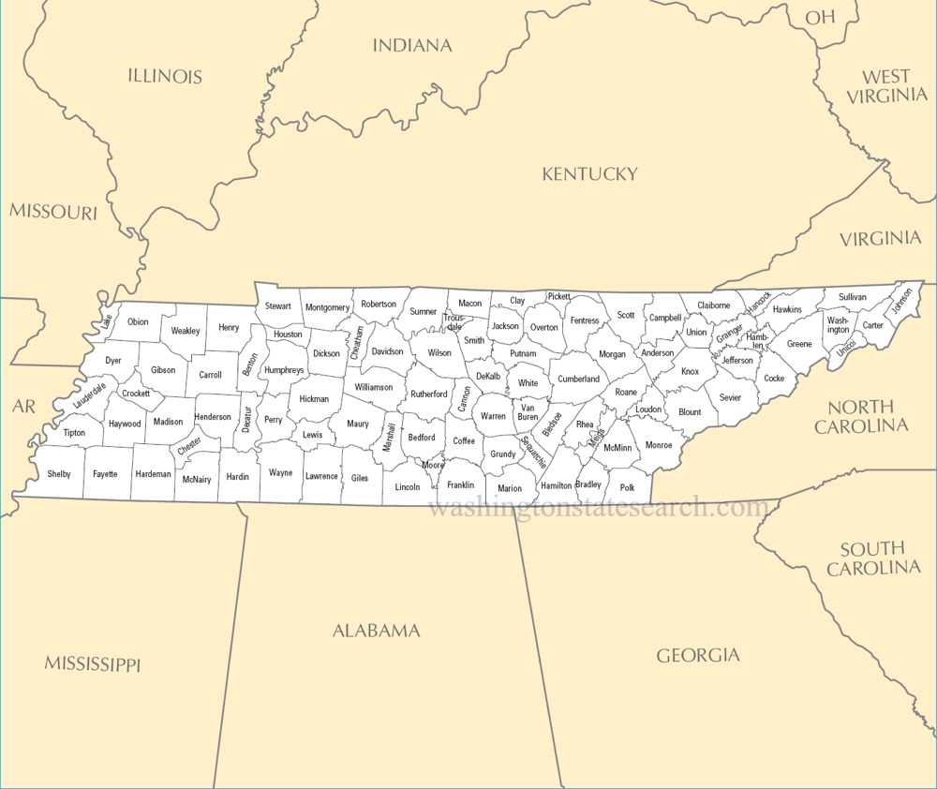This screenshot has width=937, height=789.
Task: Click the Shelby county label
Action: click(x=59, y=474)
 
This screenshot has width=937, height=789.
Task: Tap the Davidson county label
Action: click(x=387, y=351)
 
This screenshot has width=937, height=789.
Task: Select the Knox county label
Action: click(x=690, y=372)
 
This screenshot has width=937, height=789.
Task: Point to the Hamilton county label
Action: click(x=557, y=485)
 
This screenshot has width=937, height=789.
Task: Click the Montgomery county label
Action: click(x=327, y=307)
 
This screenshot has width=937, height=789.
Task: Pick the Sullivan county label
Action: click(x=853, y=297)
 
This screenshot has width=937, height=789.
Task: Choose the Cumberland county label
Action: click(x=579, y=380)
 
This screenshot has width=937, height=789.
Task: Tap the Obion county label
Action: click(x=138, y=321)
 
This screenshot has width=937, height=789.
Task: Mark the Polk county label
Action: click(x=627, y=487)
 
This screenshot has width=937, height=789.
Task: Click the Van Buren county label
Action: click(x=528, y=411)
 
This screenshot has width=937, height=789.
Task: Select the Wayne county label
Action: click(x=280, y=473)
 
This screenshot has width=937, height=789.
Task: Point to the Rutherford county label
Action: click(x=429, y=394)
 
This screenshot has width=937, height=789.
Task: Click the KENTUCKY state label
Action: click(x=589, y=173)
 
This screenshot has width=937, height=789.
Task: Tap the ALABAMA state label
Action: click(x=377, y=631)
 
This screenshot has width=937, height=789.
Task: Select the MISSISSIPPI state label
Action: click(x=92, y=664)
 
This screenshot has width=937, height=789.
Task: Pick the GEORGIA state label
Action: click(x=697, y=655)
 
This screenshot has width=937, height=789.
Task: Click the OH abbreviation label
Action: click(x=820, y=17)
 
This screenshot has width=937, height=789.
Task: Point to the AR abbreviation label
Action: click(x=23, y=406)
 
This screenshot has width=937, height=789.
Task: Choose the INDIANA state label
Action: click(x=412, y=45)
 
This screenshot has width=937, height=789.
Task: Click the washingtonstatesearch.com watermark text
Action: click(x=598, y=508)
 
